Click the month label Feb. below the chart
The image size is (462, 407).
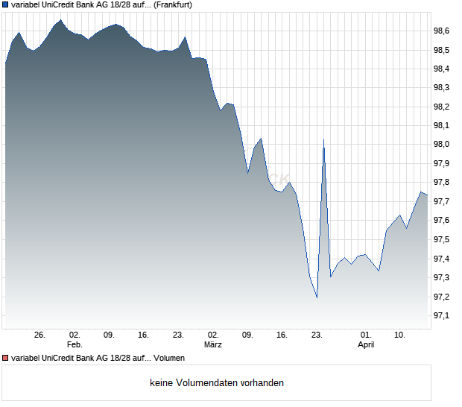tap(74, 345)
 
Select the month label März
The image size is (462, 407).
tap(213, 345)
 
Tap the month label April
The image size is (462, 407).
tap(366, 345)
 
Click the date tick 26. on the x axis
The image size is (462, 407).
tap(40, 335)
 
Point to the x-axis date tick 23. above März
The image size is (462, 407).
tap(317, 335)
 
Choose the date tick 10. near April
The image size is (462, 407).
tap(400, 335)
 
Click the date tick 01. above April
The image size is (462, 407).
tap(366, 335)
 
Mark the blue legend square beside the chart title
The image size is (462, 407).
tap(6, 6)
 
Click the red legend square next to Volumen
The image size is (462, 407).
tap(6, 358)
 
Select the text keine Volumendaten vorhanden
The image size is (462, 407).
tap(217, 383)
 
